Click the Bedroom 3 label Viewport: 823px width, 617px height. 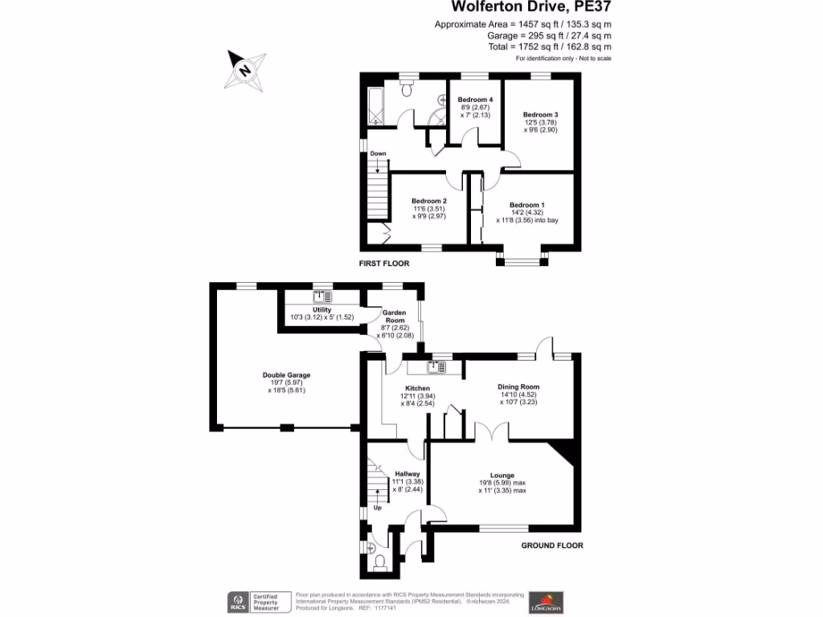point(540,115)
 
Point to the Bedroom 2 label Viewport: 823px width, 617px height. point(428,201)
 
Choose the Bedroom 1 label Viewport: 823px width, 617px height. point(526,205)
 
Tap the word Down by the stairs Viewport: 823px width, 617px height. point(378,153)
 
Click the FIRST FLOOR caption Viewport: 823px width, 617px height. point(384,264)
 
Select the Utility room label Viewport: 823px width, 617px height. point(321,309)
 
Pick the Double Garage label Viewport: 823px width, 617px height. point(286,375)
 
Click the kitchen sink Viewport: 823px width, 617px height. point(435,367)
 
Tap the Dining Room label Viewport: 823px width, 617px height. point(518,386)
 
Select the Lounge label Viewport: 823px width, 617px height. point(502,475)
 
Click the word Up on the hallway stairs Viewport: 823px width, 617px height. point(376,509)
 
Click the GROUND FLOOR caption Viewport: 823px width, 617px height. point(551,545)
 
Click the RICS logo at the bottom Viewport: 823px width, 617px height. point(238,602)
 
